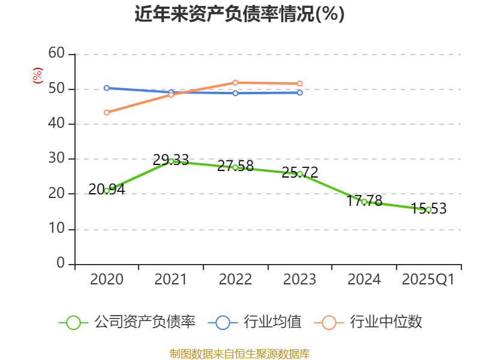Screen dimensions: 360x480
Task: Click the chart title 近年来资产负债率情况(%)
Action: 239,14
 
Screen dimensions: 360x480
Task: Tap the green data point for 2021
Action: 171,161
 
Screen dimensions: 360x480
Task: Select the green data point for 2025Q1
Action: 428,209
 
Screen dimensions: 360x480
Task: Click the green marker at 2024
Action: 364,202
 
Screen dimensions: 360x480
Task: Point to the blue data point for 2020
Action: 106,88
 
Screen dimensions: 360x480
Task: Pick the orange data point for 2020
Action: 106,112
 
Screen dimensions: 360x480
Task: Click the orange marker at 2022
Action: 235,82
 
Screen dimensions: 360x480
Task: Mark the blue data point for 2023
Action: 300,92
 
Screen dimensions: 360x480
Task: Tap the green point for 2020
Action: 107,190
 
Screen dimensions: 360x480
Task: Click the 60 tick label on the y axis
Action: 56,54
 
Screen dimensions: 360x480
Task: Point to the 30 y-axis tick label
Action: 56,159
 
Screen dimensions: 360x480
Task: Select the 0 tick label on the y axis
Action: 61,264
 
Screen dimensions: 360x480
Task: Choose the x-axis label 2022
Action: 235,280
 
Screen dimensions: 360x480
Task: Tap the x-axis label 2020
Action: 107,280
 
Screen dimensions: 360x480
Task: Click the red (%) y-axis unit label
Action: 37,76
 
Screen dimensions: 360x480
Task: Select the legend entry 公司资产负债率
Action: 145,322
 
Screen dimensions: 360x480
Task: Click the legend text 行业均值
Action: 272,322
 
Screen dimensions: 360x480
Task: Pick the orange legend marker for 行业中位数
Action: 329,322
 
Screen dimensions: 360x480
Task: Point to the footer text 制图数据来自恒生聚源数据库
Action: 239,353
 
